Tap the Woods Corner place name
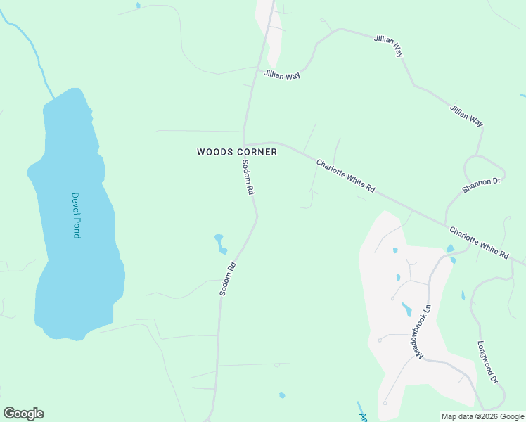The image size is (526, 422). (x=237, y=151)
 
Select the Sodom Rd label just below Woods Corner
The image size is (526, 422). (x=247, y=178)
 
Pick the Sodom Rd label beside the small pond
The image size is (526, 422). (x=226, y=278)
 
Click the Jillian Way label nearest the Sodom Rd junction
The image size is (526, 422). (x=282, y=75)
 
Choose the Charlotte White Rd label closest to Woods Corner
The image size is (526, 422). (x=346, y=177)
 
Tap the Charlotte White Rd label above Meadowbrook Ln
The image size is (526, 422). (x=478, y=243)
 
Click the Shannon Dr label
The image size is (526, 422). (x=481, y=186)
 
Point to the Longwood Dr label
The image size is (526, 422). (x=487, y=362)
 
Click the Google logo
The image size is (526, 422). (x=23, y=413)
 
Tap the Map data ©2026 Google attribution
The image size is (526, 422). (x=482, y=416)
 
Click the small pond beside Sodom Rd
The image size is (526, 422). (x=221, y=243)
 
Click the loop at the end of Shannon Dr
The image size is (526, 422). (x=485, y=169)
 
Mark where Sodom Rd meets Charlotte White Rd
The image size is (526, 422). (x=244, y=143)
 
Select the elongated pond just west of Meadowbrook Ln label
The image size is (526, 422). (x=406, y=308)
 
